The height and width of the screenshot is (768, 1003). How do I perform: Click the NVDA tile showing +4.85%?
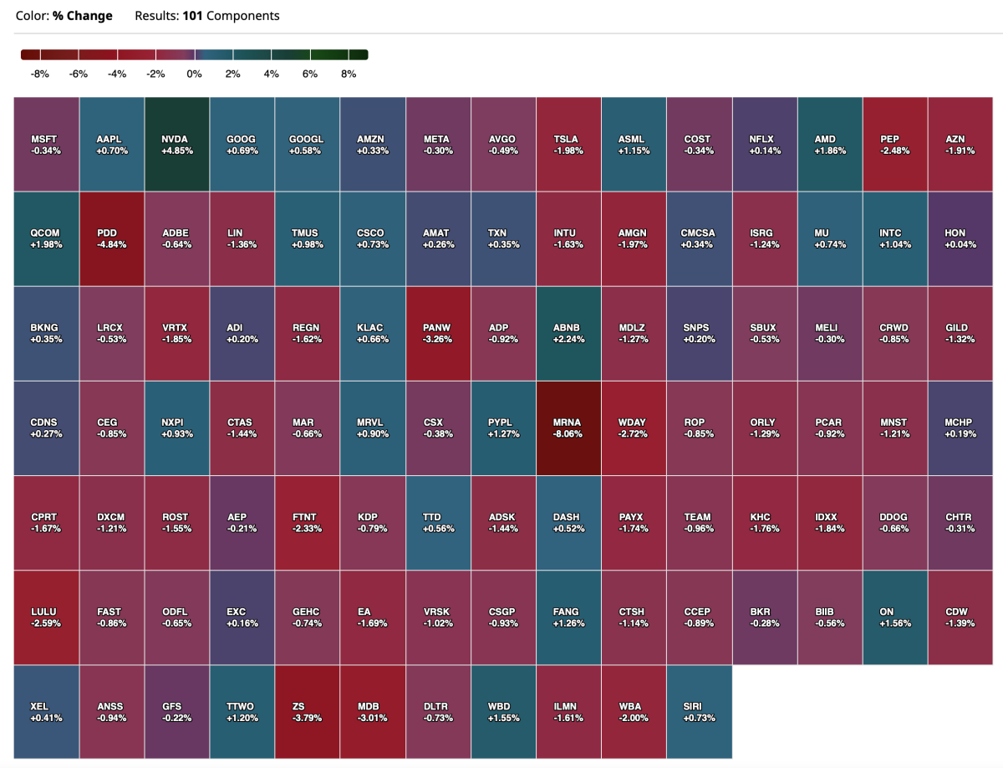177,144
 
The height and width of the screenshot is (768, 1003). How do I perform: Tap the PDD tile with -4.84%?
112,238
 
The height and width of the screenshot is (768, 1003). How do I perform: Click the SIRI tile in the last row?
698,712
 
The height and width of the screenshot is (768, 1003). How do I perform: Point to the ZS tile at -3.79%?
308,712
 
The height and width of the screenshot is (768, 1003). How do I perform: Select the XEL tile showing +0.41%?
47,712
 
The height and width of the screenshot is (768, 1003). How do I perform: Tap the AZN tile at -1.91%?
960,144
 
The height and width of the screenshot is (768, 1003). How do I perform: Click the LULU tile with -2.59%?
47,617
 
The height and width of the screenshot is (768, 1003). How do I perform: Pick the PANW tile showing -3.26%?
438,333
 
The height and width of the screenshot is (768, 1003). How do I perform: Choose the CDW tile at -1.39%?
960,617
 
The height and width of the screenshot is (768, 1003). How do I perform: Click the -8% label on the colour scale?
39,74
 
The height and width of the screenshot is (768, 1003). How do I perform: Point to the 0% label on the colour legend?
194,74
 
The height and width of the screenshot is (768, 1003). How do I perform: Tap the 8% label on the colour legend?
349,74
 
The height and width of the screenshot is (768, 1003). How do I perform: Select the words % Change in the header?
83,16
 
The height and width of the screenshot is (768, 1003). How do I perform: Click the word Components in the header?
242,16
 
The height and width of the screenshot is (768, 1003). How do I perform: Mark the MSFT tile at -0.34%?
47,144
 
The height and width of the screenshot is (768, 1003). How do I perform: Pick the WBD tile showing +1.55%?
503,712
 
